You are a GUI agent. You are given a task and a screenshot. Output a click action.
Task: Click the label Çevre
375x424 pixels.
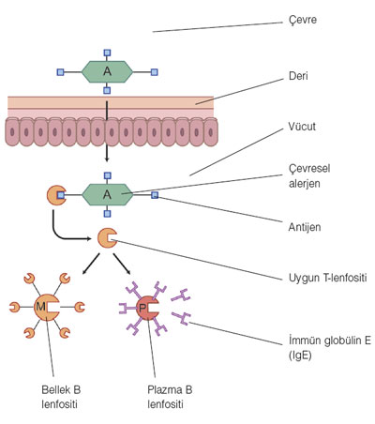[303, 20]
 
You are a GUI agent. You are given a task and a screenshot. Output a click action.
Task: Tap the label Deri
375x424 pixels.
[298, 76]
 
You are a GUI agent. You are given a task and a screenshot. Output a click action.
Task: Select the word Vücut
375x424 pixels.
[302, 127]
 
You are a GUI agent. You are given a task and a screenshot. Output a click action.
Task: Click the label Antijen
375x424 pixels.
[305, 227]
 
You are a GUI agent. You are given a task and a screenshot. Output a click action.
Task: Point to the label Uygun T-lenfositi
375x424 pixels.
[327, 278]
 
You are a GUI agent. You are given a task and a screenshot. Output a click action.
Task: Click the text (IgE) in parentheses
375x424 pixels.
[300, 356]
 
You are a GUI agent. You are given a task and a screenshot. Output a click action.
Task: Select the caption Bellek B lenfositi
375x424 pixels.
[61, 397]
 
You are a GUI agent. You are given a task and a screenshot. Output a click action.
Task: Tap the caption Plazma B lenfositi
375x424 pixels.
[170, 397]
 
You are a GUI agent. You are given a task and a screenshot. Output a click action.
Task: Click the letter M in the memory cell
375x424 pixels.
[40, 307]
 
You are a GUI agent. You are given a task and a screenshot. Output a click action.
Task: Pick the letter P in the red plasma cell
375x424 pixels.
[142, 309]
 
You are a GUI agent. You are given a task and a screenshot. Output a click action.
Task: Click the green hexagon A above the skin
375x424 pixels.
[107, 72]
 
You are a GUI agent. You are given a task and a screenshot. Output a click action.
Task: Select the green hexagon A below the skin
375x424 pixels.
[107, 195]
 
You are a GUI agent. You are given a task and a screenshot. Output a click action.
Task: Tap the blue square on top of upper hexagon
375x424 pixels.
[107, 53]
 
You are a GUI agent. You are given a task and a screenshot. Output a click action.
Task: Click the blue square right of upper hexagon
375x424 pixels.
[154, 72]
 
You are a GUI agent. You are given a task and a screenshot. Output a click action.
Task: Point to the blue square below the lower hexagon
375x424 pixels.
[107, 214]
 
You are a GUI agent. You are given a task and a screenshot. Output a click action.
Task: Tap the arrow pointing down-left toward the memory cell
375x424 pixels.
[91, 265]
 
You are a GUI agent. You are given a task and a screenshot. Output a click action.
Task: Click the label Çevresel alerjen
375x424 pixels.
[309, 176]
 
